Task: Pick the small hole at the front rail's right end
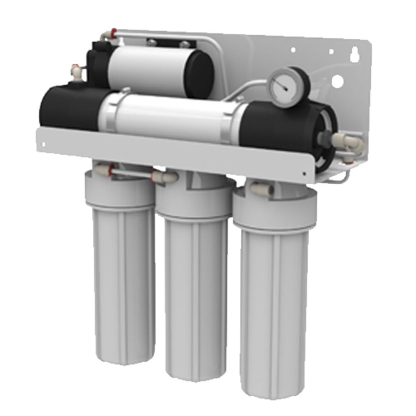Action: [305, 173]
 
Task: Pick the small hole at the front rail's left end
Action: [43, 144]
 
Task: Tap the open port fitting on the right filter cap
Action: [261, 189]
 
